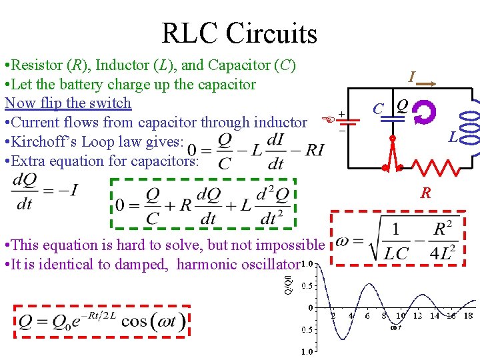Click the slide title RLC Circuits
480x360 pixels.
tap(239, 33)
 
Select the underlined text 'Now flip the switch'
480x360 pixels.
tap(68, 103)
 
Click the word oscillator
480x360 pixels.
tap(264, 264)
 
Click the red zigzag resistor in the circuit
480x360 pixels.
tap(434, 167)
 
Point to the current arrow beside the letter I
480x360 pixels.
tap(427, 84)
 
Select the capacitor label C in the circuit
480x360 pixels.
tap(377, 109)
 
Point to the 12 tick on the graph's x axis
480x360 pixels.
tap(417, 315)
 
